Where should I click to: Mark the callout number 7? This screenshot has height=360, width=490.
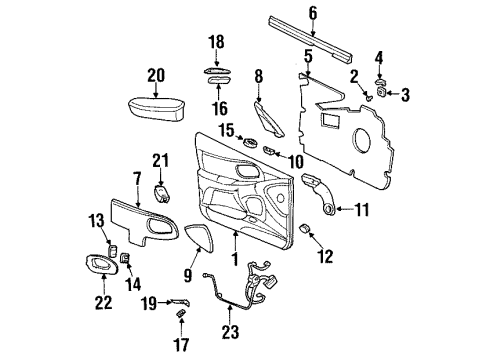(108, 178)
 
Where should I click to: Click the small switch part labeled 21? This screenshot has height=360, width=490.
(163, 190)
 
